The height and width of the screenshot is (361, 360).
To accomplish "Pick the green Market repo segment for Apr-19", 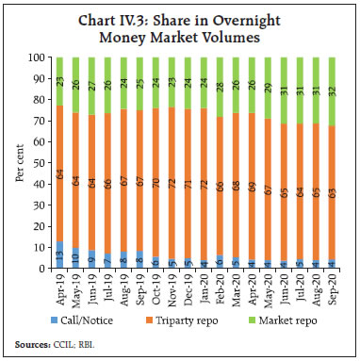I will click(60, 81).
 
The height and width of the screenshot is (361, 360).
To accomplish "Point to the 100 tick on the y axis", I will click(38, 57).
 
